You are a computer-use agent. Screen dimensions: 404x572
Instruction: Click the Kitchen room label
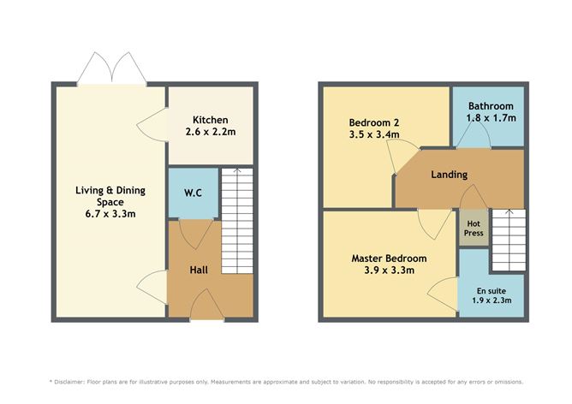pyautogui.click(x=209, y=119)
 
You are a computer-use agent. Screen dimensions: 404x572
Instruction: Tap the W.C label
pyautogui.click(x=193, y=193)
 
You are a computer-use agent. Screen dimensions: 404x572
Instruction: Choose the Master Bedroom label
pyautogui.click(x=389, y=258)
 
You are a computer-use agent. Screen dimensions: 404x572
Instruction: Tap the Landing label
pyautogui.click(x=449, y=175)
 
